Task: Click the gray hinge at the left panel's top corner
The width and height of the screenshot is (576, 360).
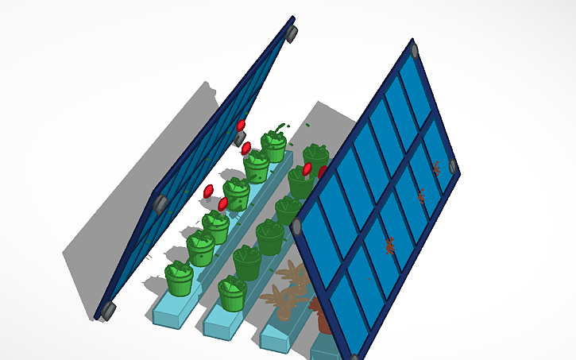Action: point(292,33)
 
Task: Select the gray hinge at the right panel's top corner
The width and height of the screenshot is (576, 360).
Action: point(414,51)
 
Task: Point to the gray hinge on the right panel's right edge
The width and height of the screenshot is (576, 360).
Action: point(453,166)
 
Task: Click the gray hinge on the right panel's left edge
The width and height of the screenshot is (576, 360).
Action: point(296,227)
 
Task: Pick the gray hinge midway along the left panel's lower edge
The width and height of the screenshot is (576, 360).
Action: point(160,203)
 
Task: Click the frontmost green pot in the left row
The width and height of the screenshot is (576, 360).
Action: point(179,278)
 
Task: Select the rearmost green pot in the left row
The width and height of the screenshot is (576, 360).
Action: point(274,145)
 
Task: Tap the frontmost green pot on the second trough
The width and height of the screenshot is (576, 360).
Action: point(232,292)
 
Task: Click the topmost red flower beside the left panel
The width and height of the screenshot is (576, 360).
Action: point(241,126)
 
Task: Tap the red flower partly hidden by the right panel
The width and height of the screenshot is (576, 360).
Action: point(323,172)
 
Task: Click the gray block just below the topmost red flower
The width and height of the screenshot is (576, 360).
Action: point(239,138)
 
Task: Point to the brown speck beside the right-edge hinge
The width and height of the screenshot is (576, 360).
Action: point(436,168)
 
